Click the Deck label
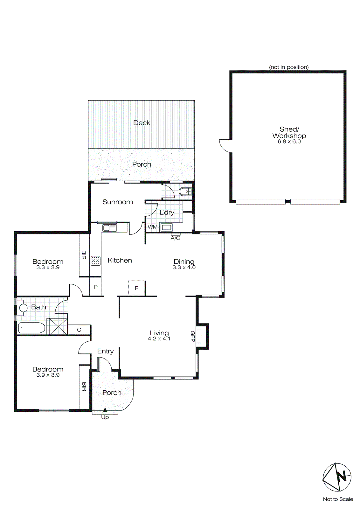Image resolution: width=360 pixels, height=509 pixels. pos(142,123)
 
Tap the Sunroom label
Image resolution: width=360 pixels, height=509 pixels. pos(118,202)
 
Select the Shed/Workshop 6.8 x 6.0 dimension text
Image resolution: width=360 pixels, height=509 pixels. pos(289,142)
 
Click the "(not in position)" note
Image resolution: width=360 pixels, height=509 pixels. pos(289,67)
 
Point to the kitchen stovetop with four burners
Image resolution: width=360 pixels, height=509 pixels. pos(96,261)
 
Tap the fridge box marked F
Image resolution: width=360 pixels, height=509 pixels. pos(136,288)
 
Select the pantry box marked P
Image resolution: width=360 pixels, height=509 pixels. pos(96,287)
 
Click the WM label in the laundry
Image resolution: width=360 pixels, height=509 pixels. pos(153,227)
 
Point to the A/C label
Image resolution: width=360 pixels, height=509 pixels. pos(176,238)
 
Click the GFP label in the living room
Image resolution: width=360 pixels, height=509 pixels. pos(192,336)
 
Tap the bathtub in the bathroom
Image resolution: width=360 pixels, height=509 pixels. pos(31,328)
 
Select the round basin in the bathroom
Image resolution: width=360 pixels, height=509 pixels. pos(23,308)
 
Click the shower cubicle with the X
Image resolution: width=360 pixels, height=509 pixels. pos(58,327)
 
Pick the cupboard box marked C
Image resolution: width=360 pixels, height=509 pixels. pos(79,330)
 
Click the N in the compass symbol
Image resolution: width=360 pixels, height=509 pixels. pos(342,477)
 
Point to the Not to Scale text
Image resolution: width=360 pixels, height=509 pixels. pos(338,499)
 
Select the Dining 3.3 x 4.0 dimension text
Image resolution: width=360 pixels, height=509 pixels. pos(184,268)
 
